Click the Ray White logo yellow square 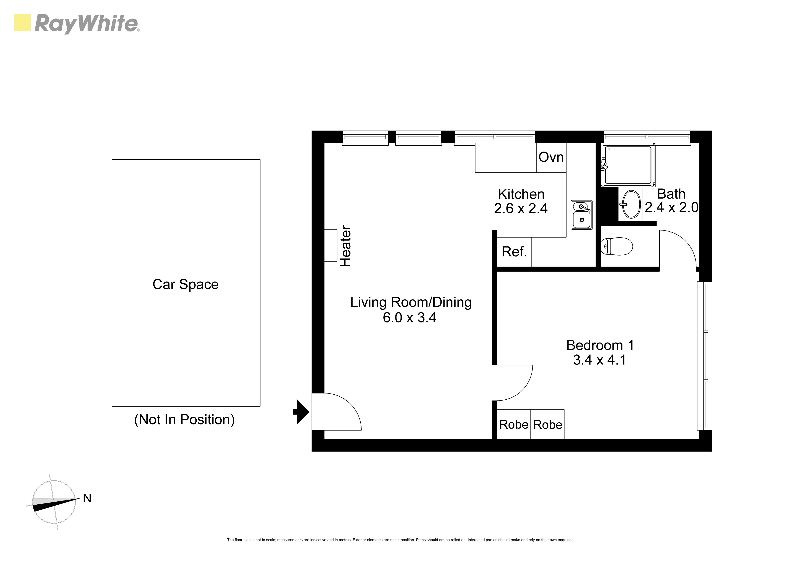tap(23, 23)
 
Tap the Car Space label tap(186, 284)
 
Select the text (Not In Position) tap(184, 419)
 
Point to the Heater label tap(345, 246)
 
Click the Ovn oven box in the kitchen tap(551, 158)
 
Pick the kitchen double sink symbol tap(582, 215)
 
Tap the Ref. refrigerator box tap(514, 252)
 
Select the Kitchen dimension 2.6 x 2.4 tap(521, 209)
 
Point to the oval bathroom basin tap(631, 204)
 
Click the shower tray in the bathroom tap(628, 165)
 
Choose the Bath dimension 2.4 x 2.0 tap(672, 207)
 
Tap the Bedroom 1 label tap(600, 345)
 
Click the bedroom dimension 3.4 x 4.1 tap(600, 360)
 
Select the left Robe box tap(514, 424)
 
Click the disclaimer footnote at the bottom tap(400, 540)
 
